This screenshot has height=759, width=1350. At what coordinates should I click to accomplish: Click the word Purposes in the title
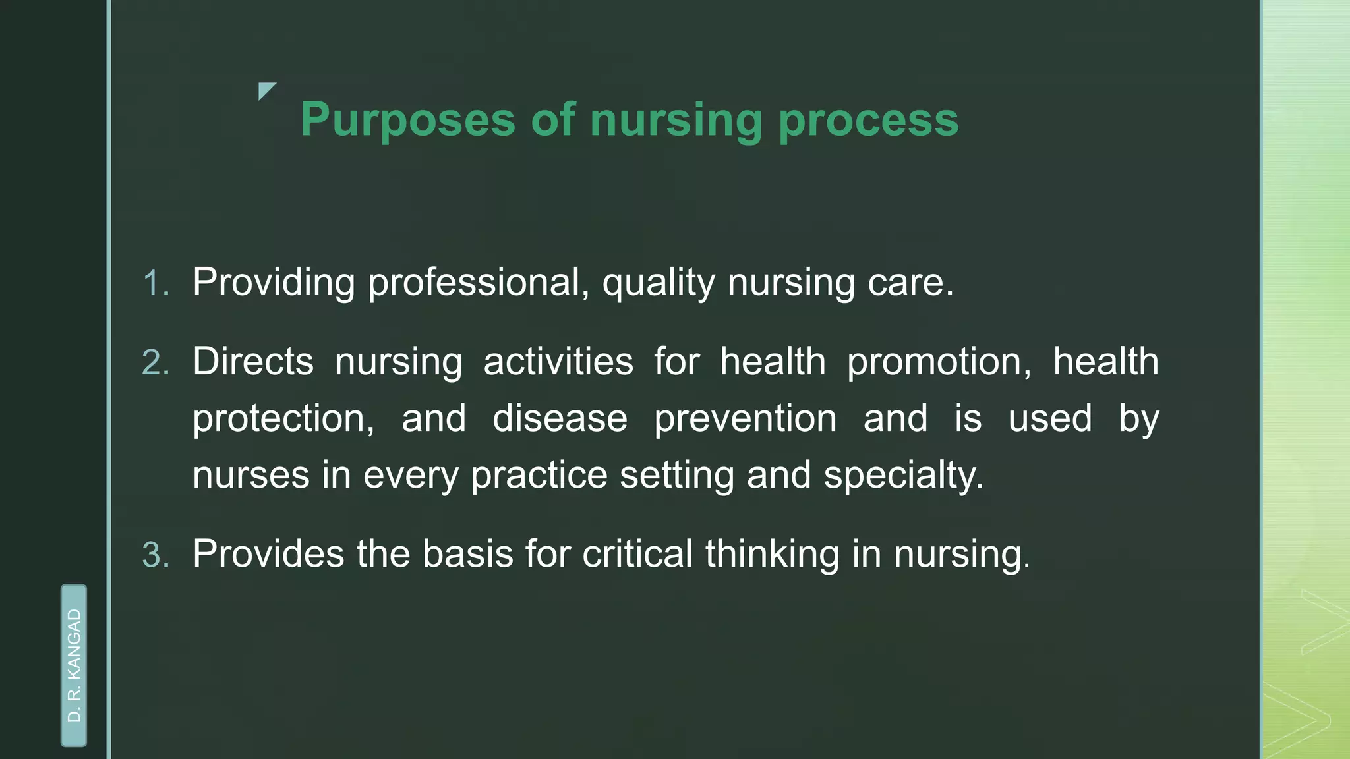[407, 121]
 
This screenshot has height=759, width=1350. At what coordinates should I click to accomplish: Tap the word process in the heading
[868, 121]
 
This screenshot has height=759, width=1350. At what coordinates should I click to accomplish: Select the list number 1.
[156, 284]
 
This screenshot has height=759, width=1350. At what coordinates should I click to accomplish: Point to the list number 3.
[156, 555]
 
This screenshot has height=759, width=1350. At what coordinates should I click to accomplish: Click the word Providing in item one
[274, 283]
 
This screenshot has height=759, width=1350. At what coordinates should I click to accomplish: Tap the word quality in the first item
[658, 283]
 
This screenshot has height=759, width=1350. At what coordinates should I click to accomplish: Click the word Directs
[253, 362]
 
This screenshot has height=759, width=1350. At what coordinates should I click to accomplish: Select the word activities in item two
[558, 362]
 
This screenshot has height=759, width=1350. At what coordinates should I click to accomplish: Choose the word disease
[560, 419]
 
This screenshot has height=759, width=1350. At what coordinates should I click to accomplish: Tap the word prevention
[745, 419]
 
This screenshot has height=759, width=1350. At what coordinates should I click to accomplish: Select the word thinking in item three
[772, 553]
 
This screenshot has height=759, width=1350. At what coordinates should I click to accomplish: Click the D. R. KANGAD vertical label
[74, 665]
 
